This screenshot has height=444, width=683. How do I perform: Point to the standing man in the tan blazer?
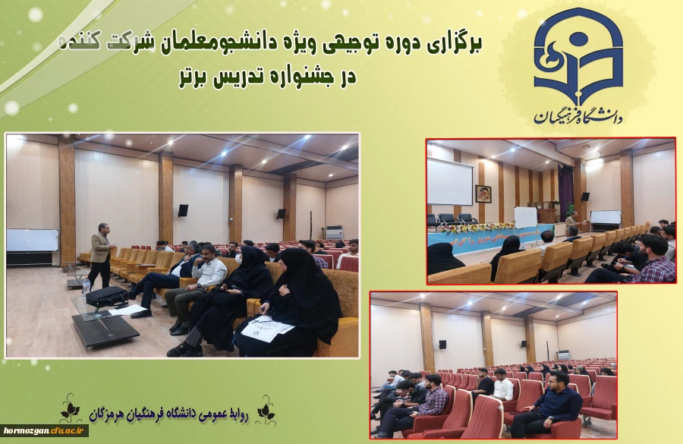click(x=100, y=253)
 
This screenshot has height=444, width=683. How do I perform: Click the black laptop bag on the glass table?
click(x=107, y=296)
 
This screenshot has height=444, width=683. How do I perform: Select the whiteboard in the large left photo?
click(x=32, y=240)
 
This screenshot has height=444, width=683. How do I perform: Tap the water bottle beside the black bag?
click(x=87, y=285)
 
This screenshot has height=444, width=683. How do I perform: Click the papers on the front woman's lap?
click(x=266, y=328)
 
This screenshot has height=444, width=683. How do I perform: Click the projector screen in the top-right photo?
click(x=450, y=181)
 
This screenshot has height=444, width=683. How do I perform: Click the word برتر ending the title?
click(x=194, y=77)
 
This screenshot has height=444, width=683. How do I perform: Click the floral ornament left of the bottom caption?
click(x=71, y=408)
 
